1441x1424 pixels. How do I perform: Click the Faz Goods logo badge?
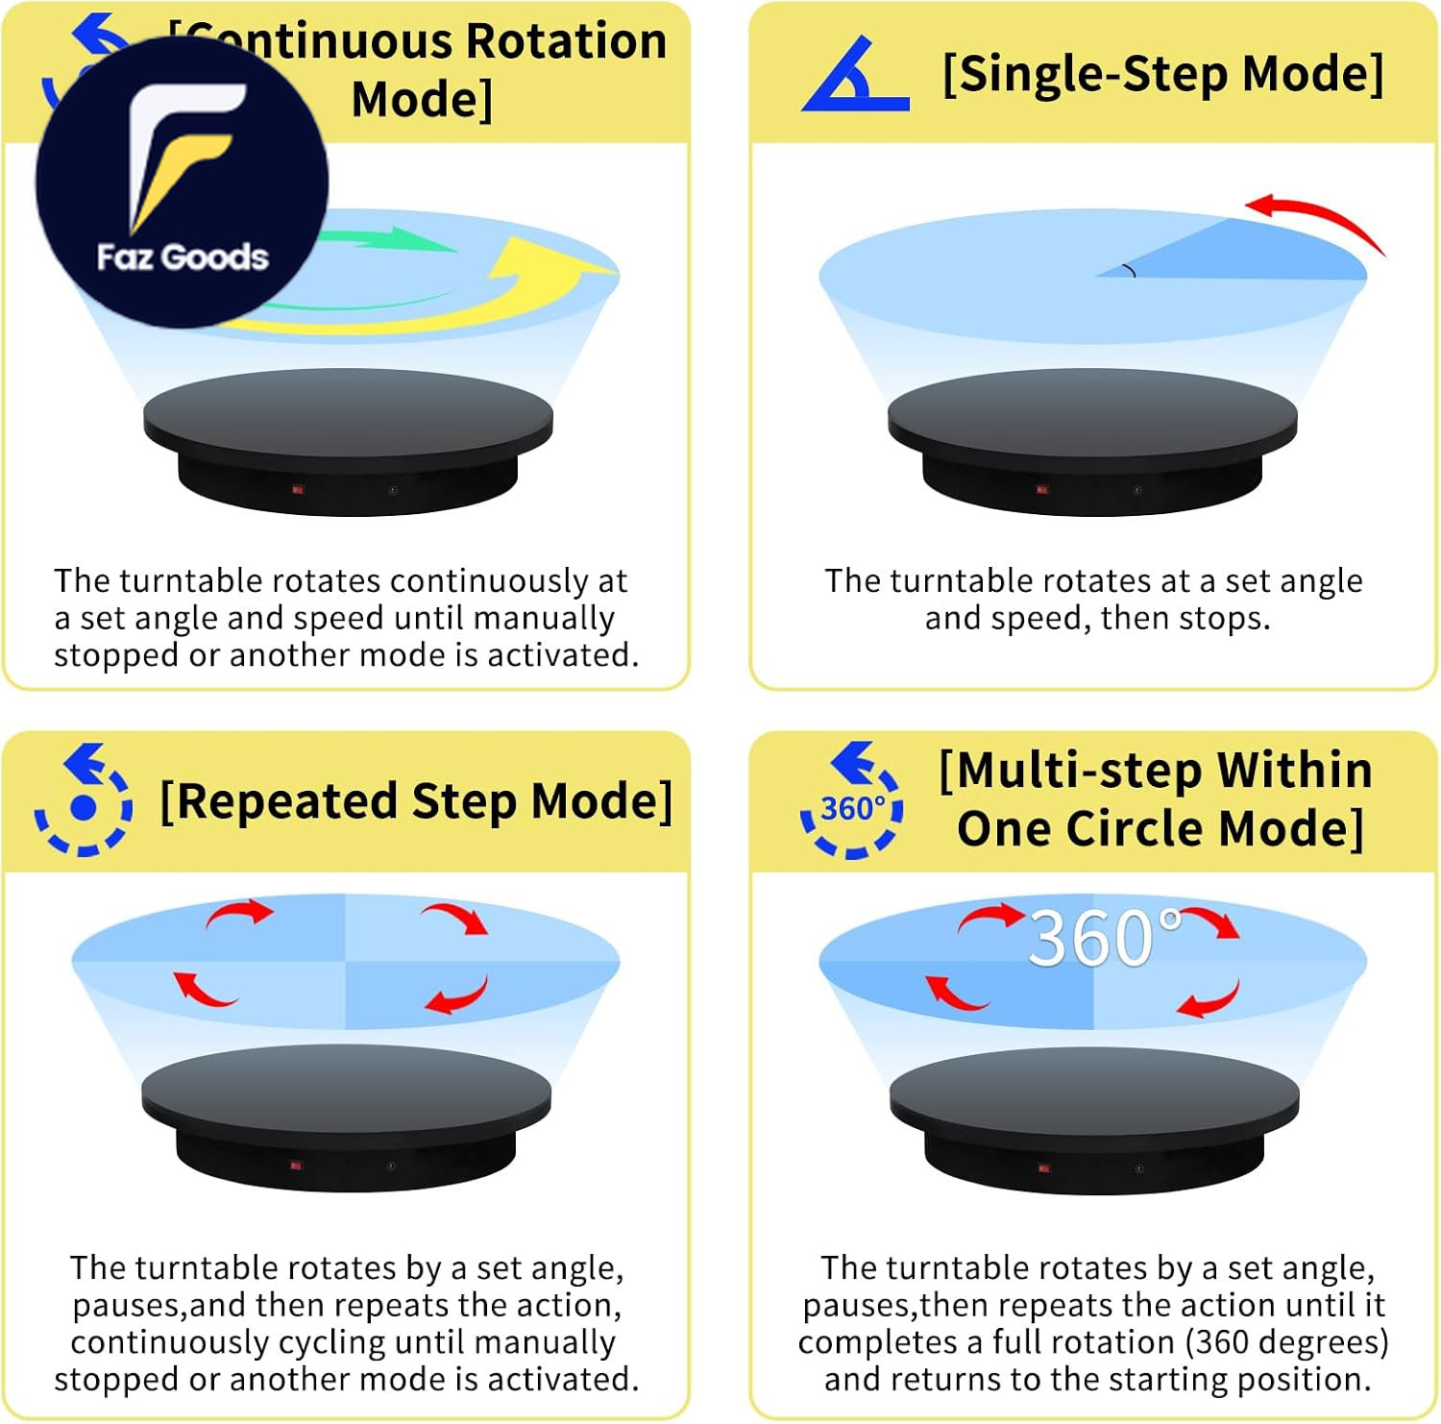[x=183, y=183]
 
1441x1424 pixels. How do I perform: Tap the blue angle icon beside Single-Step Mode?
[x=854, y=76]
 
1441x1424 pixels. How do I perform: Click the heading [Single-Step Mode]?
[x=1163, y=74]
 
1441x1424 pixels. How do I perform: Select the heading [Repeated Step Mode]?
[x=416, y=801]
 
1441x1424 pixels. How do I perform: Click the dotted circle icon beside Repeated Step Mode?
[x=84, y=799]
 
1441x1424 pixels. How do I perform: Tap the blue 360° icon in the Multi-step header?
[x=852, y=799]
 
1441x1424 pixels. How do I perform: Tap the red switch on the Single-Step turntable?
[x=1042, y=490]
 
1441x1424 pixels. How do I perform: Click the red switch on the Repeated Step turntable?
[x=297, y=1166]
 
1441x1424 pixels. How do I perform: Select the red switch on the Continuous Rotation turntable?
[x=298, y=490]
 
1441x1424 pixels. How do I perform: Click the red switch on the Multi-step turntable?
[x=1044, y=1168]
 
